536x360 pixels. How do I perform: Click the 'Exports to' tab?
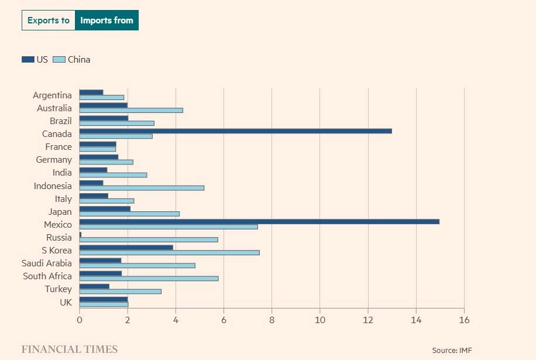pos(48,20)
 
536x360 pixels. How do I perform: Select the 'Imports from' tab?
pos(106,20)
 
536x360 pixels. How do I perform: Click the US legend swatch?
pos(28,59)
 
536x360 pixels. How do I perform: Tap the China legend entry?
pos(71,59)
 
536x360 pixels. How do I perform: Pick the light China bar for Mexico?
pos(169,227)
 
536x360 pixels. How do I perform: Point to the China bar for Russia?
pos(149,239)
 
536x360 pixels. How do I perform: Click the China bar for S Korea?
pos(169,252)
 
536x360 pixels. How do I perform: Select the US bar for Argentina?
pos(91,92)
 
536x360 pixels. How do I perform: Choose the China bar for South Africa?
pos(149,278)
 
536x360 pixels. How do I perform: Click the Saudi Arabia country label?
pos(47,263)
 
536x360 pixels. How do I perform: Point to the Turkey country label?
pos(58,289)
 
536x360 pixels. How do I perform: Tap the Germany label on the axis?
pos(54,160)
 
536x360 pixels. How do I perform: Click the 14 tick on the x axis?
pos(416,320)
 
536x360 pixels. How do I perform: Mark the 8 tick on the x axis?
pos(272,320)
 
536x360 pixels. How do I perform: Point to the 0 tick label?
pos(80,320)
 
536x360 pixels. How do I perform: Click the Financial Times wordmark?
pos(70,349)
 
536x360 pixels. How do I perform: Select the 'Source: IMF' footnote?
pos(452,350)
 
